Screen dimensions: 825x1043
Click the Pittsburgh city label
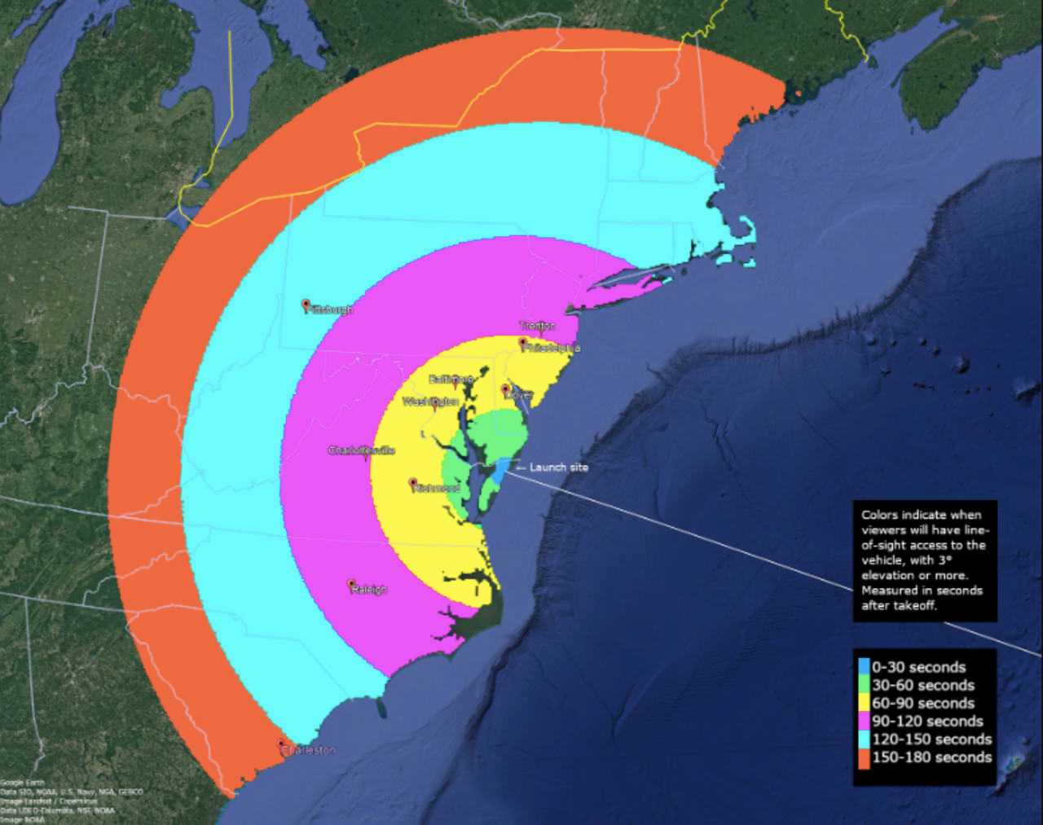[331, 309]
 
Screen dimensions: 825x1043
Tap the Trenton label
[537, 326]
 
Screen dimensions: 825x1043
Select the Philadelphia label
[552, 347]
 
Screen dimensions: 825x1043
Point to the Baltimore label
[451, 380]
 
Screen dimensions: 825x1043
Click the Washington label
[430, 402]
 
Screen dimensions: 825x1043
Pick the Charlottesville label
[361, 450]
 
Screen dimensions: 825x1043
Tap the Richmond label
[437, 488]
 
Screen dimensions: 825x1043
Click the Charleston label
[310, 750]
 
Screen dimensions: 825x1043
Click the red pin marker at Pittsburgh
[306, 305]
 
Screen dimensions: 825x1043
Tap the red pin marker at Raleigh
[351, 585]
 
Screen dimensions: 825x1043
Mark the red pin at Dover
[506, 389]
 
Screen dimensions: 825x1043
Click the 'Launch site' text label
[558, 467]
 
